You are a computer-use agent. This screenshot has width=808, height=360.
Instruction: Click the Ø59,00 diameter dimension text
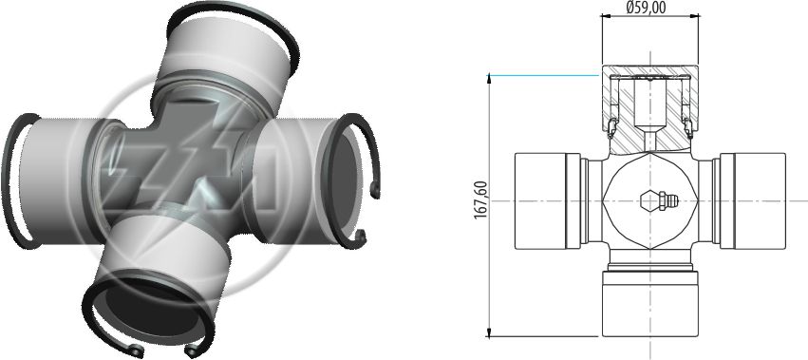point(646,8)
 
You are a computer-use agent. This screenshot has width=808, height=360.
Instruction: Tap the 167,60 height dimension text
point(480,199)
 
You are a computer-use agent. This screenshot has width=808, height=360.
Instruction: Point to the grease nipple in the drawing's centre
point(659,200)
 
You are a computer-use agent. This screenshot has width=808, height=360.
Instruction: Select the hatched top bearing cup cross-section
point(650,109)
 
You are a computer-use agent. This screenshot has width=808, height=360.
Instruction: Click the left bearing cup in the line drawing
point(548,201)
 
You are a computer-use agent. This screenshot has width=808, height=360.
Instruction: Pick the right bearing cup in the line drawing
point(752,201)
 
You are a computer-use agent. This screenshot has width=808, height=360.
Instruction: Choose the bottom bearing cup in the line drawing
point(650,304)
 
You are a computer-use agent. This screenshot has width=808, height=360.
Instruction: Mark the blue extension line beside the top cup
point(544,75)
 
